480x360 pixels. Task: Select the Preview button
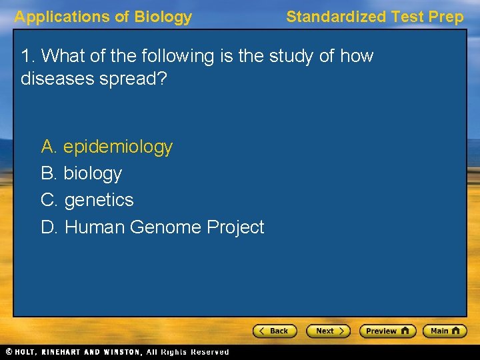(x=387, y=331)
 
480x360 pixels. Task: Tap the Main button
(x=447, y=331)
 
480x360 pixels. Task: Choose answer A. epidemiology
(x=107, y=147)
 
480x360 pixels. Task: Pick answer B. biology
(x=81, y=173)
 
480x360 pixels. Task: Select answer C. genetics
(x=87, y=200)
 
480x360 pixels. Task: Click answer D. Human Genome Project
(x=153, y=227)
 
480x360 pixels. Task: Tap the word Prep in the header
(x=447, y=17)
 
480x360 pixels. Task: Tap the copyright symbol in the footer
(x=9, y=352)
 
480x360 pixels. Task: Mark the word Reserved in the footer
(x=209, y=352)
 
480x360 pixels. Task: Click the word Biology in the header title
(x=163, y=17)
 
